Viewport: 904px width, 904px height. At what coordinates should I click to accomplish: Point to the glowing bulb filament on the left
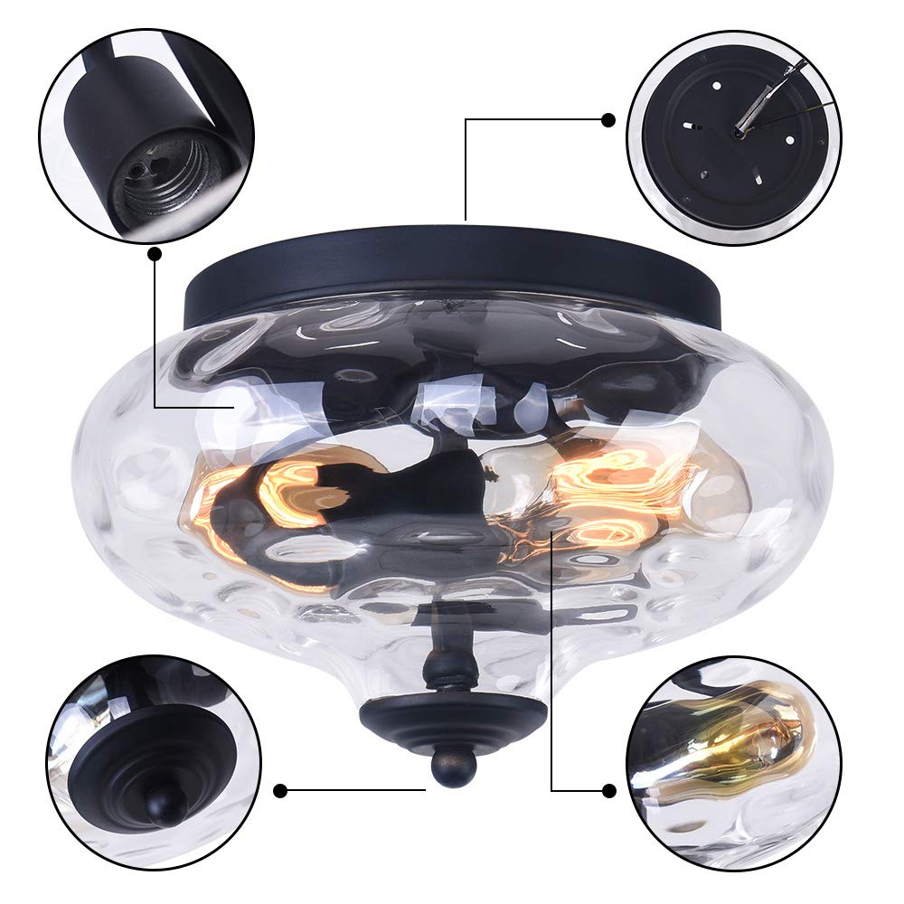click(289, 493)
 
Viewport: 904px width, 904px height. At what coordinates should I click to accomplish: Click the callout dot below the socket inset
click(155, 254)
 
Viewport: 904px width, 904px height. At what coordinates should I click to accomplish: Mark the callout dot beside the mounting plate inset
click(607, 119)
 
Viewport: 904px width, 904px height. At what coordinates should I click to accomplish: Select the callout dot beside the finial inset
click(280, 790)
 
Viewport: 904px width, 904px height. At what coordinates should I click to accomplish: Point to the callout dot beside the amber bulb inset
click(608, 790)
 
